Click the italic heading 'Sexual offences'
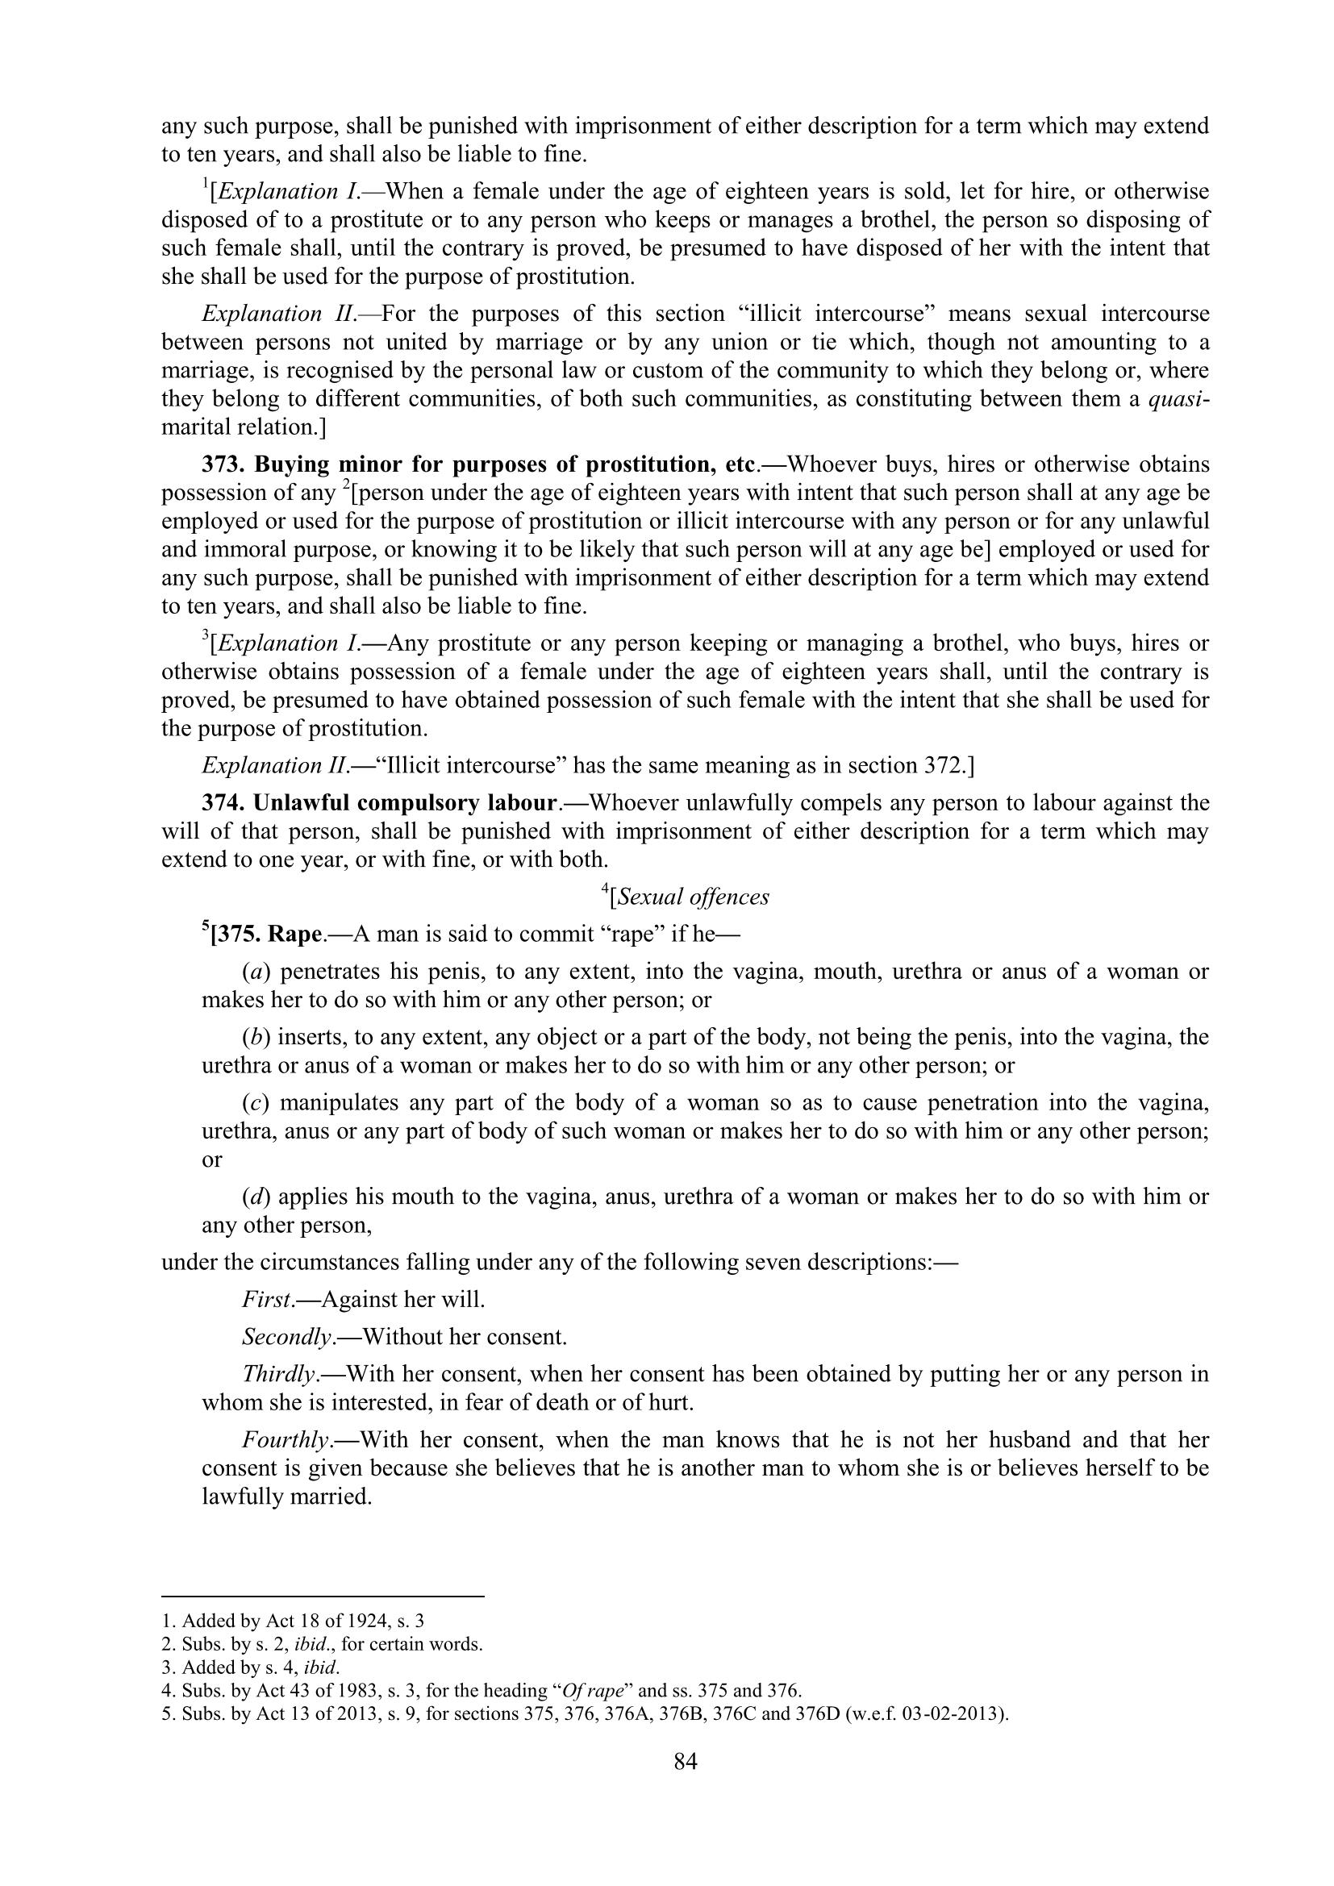click(693, 897)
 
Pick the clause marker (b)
click(256, 1038)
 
